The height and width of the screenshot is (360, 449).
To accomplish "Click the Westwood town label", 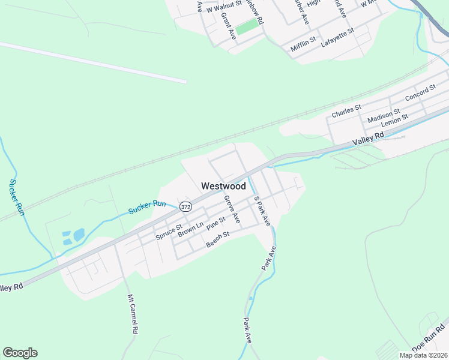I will pyautogui.click(x=223, y=186).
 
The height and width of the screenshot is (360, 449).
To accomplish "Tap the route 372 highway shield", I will pyautogui.click(x=185, y=207).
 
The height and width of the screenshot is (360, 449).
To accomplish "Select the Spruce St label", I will pyautogui.click(x=169, y=232).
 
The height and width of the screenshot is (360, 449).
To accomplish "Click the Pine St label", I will pyautogui.click(x=215, y=224).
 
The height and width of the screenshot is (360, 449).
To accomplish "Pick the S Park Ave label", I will pyautogui.click(x=262, y=211).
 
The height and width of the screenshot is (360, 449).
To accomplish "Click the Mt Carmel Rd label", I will pyautogui.click(x=132, y=314).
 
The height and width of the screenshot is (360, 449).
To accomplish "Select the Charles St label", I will pyautogui.click(x=346, y=111).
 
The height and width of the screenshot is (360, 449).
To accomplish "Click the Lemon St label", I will pyautogui.click(x=394, y=120).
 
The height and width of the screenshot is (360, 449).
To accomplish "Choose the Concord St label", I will pyautogui.click(x=420, y=93).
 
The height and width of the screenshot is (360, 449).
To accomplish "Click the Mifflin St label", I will pyautogui.click(x=303, y=43).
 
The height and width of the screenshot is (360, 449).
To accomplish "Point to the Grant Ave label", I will pyautogui.click(x=229, y=26).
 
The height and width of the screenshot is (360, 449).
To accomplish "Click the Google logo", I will pyautogui.click(x=20, y=353).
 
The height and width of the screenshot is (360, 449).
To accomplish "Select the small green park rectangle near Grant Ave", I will pyautogui.click(x=246, y=28).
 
